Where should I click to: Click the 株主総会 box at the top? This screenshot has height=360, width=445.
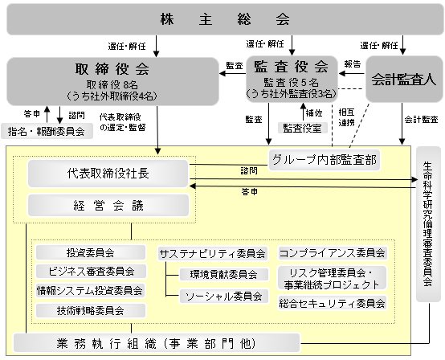(225, 19)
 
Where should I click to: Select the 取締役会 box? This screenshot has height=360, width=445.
(112, 81)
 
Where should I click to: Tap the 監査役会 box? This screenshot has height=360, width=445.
(292, 80)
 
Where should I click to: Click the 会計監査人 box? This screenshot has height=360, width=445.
(404, 80)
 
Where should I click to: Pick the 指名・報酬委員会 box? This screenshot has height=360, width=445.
(47, 131)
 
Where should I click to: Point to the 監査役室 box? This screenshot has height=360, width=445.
(303, 128)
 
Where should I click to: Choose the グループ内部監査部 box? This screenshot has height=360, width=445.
(324, 160)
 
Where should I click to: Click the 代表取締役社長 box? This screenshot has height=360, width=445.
(108, 174)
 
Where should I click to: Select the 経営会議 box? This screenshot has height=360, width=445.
(108, 205)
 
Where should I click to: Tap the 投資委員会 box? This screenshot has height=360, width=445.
(91, 252)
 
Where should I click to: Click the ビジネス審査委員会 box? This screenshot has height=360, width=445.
(91, 272)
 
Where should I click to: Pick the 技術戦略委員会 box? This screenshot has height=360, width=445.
(91, 311)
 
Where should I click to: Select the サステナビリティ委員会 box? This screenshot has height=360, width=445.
(213, 253)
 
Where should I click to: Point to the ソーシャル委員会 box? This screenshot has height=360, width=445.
(224, 297)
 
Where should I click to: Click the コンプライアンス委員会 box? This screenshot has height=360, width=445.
(333, 252)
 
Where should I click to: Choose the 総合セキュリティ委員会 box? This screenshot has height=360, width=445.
(333, 303)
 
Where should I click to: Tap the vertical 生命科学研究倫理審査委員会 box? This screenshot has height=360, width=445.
(429, 224)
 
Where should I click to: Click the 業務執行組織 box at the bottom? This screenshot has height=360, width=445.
(157, 343)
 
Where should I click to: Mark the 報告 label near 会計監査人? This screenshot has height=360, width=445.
(353, 64)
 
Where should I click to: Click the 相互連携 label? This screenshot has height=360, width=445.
(346, 117)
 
